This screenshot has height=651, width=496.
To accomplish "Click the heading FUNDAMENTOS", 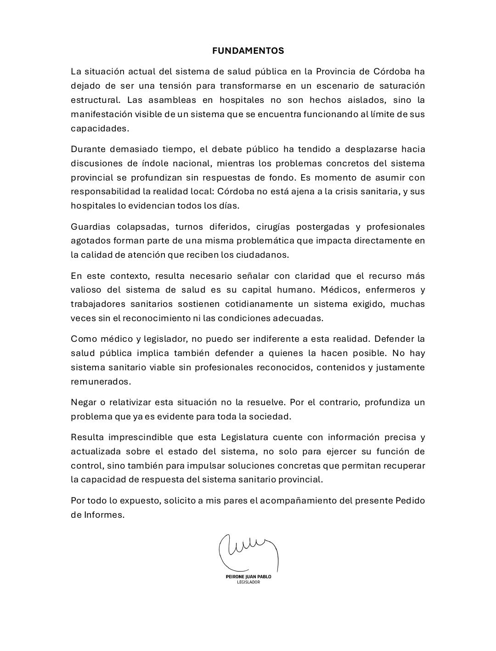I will coord(248,51).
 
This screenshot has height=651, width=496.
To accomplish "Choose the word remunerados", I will coord(101,382).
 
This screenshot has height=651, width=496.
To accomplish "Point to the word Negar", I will coord(83,402).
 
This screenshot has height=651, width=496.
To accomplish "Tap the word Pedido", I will coord(410,501).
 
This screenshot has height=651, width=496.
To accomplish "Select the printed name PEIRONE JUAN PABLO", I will coord(248,577).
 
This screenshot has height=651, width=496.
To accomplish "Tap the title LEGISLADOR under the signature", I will coord(248,583).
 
